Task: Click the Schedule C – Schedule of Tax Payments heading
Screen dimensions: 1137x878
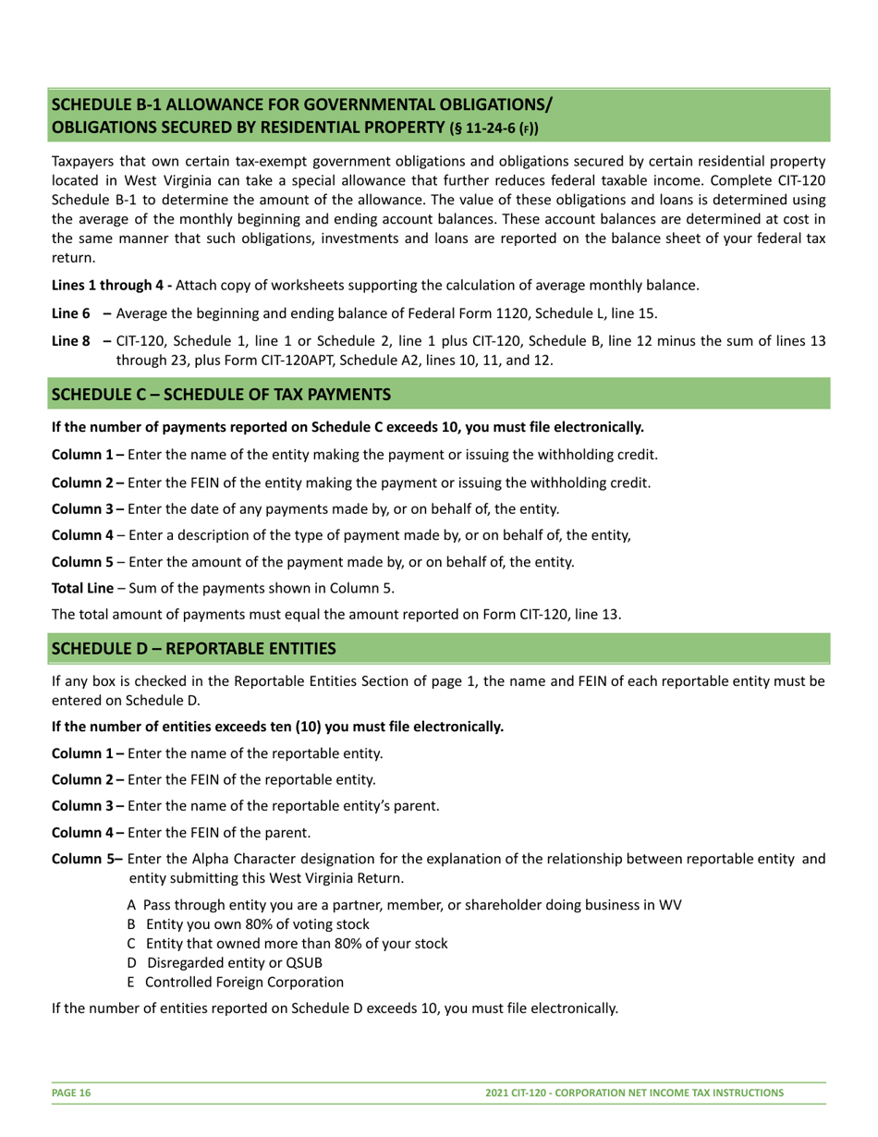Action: (x=221, y=395)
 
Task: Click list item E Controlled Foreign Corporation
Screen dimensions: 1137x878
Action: (x=235, y=982)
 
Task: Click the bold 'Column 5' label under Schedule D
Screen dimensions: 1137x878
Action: (x=84, y=859)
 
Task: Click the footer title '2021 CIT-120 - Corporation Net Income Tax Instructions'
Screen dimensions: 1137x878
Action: (x=634, y=1093)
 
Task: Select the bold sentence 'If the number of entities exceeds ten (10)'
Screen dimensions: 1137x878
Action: (x=277, y=726)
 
